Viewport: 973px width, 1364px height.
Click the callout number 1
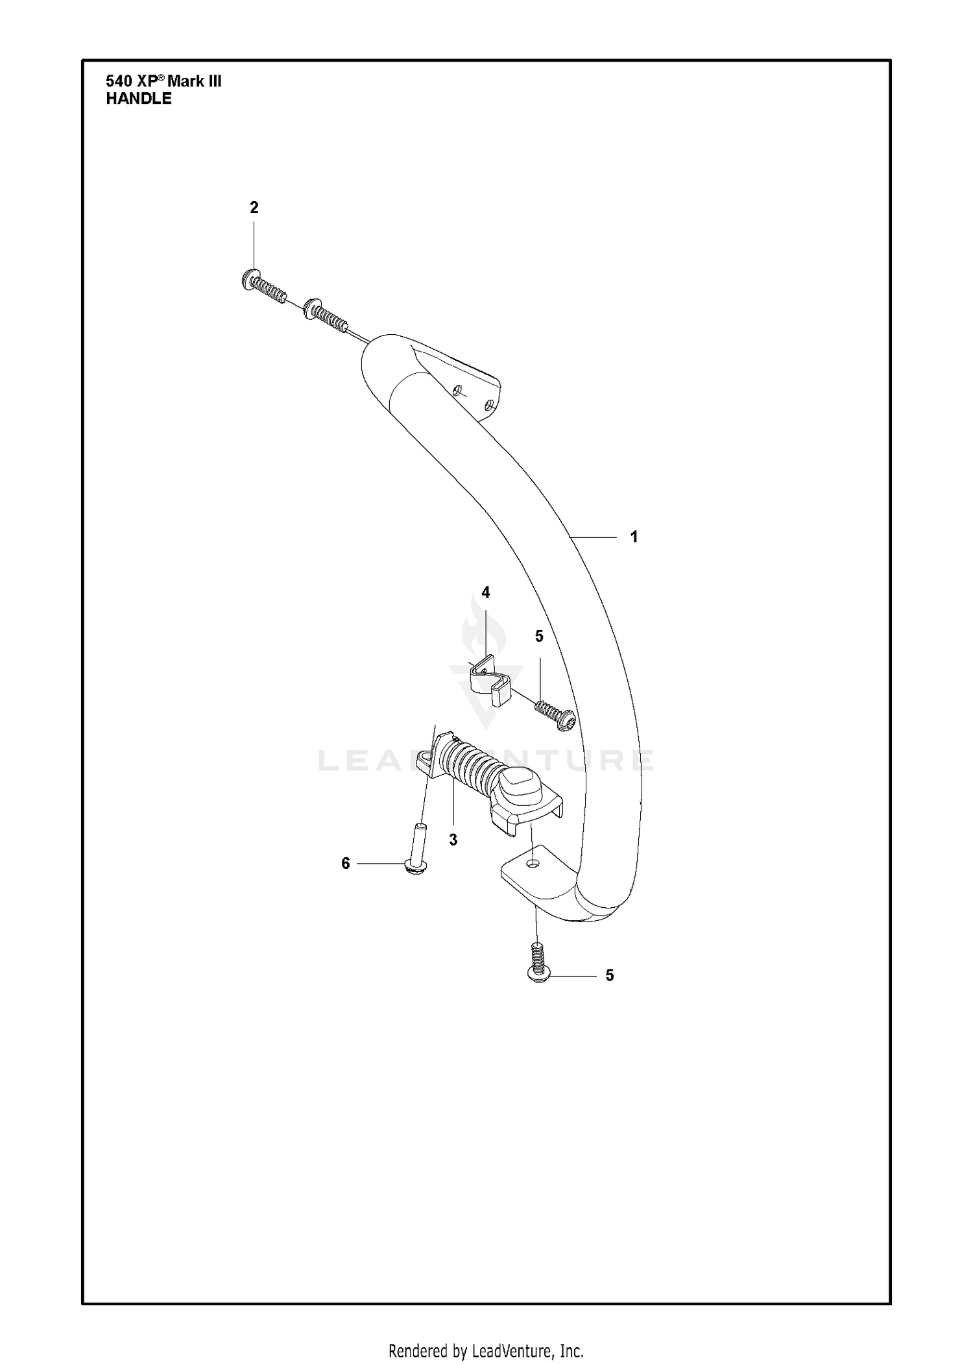(634, 537)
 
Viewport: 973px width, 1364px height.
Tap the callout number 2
(254, 207)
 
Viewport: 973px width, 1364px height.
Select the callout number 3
(453, 840)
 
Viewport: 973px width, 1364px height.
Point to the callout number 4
(485, 592)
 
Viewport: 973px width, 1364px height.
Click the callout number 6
(346, 863)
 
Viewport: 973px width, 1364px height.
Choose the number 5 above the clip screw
(539, 637)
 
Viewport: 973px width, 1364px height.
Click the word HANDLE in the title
(139, 99)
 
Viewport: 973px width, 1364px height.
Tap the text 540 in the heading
(119, 81)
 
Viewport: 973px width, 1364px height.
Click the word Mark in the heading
(186, 82)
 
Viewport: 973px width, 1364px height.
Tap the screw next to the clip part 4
(556, 715)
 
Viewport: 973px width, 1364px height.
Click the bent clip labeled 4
(491, 681)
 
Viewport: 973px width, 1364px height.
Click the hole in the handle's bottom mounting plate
(533, 863)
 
